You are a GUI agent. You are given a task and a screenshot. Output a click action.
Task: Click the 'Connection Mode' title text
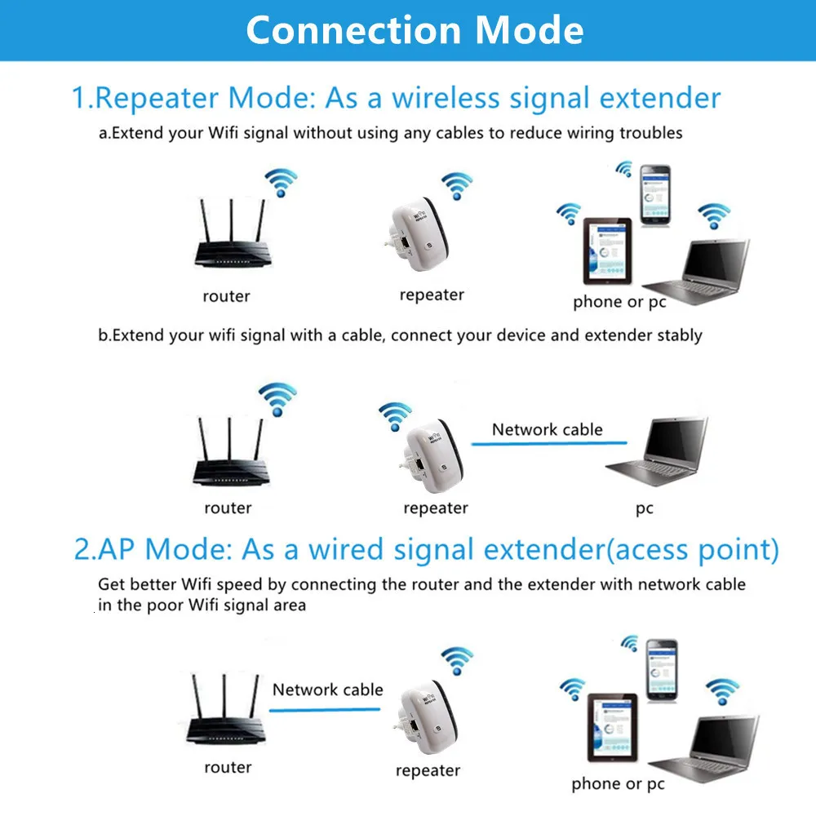coord(415,30)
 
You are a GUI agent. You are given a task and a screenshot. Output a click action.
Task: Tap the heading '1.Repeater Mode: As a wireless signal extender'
coord(397,98)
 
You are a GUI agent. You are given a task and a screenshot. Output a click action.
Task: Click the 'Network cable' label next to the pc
coord(547,429)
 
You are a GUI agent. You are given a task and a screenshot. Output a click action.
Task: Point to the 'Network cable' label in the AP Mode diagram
coord(327,690)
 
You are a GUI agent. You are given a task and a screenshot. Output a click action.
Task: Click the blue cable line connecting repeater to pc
coord(548,444)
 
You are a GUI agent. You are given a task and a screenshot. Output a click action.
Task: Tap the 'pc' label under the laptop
coord(645,508)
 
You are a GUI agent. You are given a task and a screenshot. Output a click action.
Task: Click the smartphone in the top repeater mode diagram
coord(654,196)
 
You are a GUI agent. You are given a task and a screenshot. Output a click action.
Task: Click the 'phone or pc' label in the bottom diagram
coord(618,784)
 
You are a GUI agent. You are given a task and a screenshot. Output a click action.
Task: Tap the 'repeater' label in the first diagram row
coord(432,295)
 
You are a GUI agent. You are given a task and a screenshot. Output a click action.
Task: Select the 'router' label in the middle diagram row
coord(228,508)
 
